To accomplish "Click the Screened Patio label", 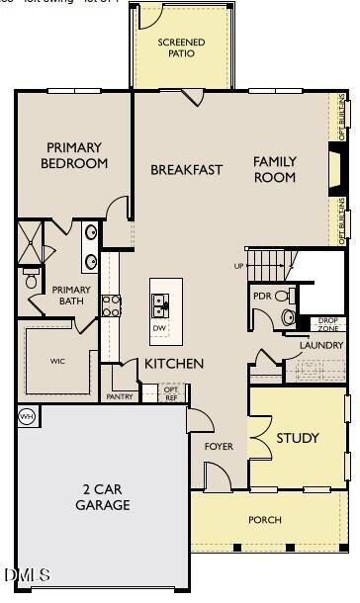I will [x=182, y=47].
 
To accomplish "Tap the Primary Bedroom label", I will [x=74, y=155].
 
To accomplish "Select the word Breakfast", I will [x=187, y=170].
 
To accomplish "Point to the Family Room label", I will [x=275, y=169].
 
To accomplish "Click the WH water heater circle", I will [x=27, y=415].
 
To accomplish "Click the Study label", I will [x=297, y=438].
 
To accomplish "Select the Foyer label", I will [x=219, y=447].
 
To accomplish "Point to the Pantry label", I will [x=119, y=396].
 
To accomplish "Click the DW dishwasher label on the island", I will [x=159, y=328].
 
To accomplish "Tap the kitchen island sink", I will [x=159, y=302].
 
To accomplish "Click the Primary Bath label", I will [x=71, y=296].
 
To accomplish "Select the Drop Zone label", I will [x=328, y=323].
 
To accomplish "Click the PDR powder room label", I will [x=262, y=296].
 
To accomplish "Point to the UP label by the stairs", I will [x=237, y=266].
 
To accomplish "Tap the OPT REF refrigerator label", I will [x=171, y=392].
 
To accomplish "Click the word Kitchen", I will [x=174, y=364].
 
